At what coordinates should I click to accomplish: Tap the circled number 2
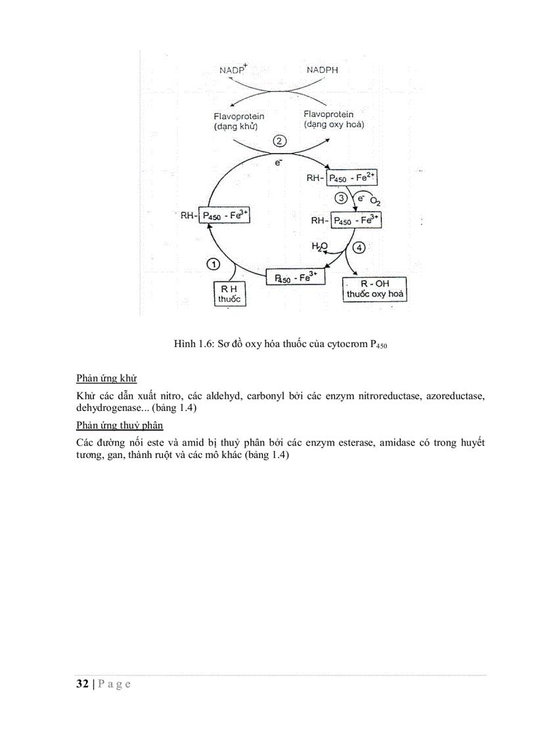[279, 141]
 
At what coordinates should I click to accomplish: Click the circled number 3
[341, 198]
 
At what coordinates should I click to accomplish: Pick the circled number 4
[358, 248]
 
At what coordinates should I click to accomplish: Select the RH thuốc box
[229, 293]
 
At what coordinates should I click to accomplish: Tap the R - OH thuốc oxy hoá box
[375, 289]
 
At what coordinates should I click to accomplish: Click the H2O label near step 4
[319, 246]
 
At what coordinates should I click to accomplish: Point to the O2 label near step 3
[375, 201]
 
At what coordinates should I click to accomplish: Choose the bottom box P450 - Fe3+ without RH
[296, 278]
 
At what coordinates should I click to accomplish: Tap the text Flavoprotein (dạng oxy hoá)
[334, 119]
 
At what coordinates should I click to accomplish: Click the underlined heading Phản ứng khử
[106, 379]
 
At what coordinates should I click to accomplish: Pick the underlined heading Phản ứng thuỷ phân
[120, 426]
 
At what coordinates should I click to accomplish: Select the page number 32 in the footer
[83, 684]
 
